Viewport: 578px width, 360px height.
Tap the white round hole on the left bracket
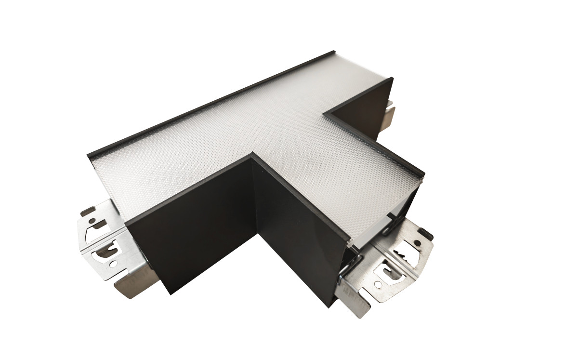click(113, 264)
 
